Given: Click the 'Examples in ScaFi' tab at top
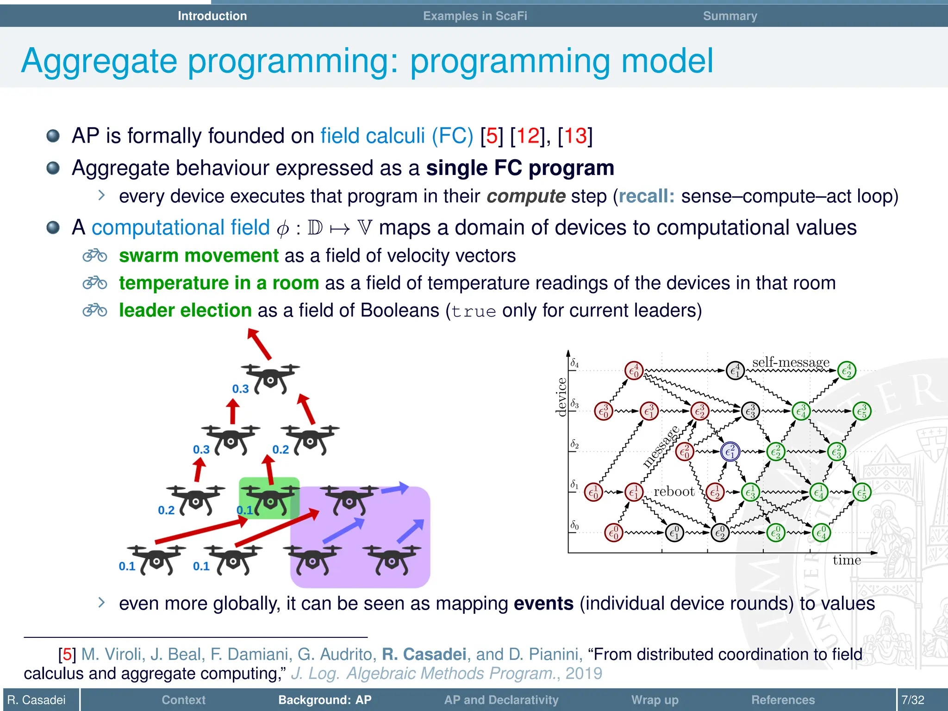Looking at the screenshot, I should click(475, 16).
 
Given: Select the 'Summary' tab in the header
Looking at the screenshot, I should click(730, 16).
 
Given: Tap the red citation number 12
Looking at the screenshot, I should click(528, 136).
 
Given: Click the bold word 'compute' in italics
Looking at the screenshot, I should click(526, 196).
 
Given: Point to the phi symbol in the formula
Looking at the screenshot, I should click(283, 229).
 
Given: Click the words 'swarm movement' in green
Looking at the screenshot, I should click(199, 256).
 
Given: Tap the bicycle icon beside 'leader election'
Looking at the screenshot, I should click(95, 310).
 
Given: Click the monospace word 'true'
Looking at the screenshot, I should click(474, 312).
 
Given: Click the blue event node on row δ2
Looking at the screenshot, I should click(730, 451).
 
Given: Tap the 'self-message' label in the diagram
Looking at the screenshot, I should click(791, 362).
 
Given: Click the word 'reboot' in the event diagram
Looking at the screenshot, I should click(674, 491).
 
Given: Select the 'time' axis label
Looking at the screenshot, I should click(847, 560).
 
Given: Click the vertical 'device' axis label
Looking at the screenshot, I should click(561, 397).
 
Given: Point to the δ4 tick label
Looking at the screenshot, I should click(574, 363).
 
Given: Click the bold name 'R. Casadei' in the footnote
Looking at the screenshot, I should click(424, 654).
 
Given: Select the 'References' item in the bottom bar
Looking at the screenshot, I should click(783, 699).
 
